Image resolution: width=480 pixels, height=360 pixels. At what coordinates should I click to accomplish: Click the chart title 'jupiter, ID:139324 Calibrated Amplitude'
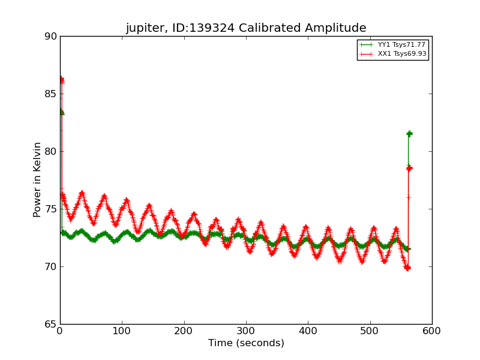tap(246, 28)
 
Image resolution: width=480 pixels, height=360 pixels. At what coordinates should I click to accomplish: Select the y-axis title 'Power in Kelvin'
tap(37, 179)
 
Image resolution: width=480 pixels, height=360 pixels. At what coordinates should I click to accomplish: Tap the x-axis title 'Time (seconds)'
tap(246, 343)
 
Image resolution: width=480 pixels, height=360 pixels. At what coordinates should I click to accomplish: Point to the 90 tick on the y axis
tap(50, 37)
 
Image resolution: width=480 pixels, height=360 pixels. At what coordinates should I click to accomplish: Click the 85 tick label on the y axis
tap(50, 94)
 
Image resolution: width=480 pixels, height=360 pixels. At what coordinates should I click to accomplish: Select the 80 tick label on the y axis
tap(50, 152)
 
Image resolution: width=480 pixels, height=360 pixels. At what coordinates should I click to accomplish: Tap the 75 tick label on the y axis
tap(50, 209)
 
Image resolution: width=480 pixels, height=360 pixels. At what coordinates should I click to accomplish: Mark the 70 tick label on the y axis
tap(50, 267)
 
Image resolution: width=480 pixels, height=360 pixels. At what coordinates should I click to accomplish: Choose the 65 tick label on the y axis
tap(50, 325)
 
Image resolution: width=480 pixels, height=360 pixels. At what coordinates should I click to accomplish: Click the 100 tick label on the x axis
tap(122, 331)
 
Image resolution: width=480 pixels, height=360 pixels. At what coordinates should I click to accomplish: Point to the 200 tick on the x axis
tap(184, 331)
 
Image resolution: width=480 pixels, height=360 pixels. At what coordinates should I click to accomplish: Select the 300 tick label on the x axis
tap(246, 331)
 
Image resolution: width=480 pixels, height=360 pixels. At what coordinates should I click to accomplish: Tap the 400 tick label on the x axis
tap(308, 331)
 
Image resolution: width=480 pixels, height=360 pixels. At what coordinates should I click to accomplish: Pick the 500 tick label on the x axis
tap(370, 331)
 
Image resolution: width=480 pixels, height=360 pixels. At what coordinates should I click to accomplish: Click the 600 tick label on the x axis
tap(432, 331)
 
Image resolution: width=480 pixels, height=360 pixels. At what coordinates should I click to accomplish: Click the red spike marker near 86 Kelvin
tap(61, 80)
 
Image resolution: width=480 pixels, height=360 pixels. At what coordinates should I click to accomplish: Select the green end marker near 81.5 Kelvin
tap(409, 134)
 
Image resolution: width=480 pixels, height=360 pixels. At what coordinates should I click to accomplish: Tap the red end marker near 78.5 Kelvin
tap(409, 168)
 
